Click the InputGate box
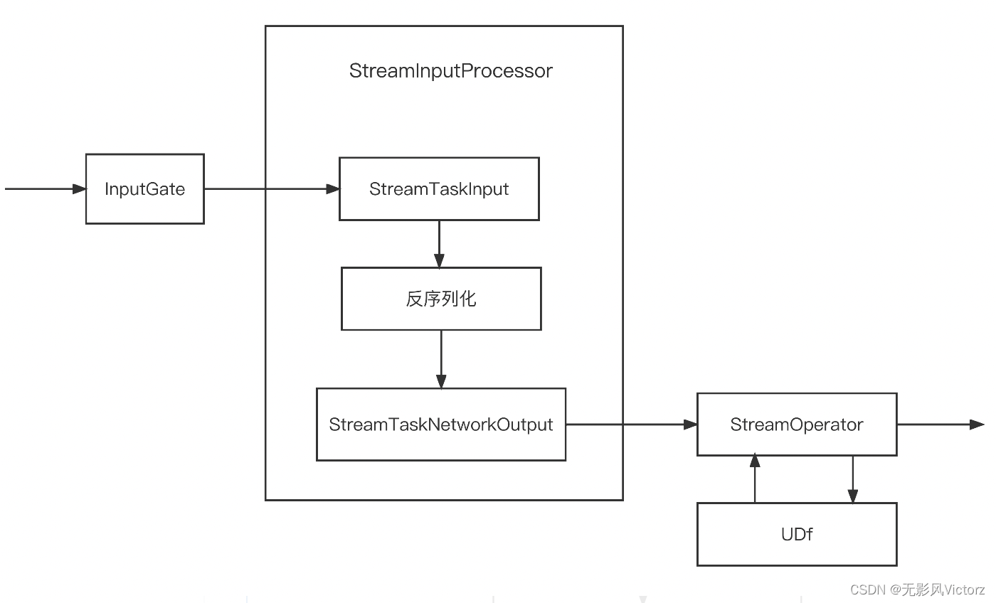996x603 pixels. tap(145, 189)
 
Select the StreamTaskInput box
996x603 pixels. tap(439, 189)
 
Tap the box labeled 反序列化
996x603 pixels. tap(441, 299)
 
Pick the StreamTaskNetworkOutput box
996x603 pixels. tap(441, 425)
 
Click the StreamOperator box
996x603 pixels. tap(797, 425)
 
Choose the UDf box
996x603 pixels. tap(797, 534)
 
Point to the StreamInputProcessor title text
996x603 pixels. tap(450, 71)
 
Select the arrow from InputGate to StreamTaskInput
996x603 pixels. tap(270, 189)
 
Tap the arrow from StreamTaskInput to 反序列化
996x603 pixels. tap(439, 243)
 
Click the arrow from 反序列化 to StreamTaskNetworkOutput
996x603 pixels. tap(441, 359)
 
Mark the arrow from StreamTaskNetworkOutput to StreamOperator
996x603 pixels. tap(630, 425)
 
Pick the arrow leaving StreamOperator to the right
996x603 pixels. tap(939, 425)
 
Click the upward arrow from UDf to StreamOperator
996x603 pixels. tap(755, 480)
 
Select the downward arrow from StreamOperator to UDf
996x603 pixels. tap(853, 480)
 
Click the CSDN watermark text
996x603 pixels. tap(867, 590)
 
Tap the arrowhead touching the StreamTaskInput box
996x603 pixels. tap(332, 189)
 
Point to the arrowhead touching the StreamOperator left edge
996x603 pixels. tap(690, 425)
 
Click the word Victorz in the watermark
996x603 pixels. tap(964, 590)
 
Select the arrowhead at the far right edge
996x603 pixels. tap(978, 425)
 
